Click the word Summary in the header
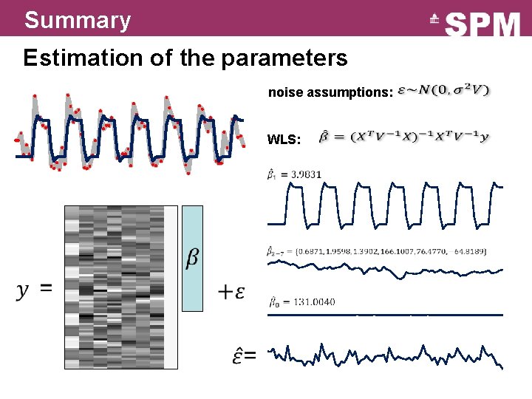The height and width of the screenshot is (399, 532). [x=77, y=20]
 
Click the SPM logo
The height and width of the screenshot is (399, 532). [x=483, y=24]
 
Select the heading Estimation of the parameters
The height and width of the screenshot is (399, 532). [x=185, y=58]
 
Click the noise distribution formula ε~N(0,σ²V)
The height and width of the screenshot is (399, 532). [x=443, y=91]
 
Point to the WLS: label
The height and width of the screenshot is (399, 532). [x=284, y=139]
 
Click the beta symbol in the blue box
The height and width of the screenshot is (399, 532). [x=191, y=258]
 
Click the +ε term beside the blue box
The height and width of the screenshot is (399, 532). [x=231, y=291]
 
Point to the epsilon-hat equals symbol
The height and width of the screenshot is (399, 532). [x=245, y=356]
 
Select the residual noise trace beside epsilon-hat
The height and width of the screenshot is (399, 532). [x=384, y=355]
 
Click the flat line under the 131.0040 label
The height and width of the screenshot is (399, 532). [x=384, y=315]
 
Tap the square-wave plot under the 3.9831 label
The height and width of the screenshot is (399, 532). [x=384, y=203]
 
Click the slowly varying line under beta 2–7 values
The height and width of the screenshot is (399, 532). [x=384, y=271]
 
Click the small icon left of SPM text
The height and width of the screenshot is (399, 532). [x=436, y=20]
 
